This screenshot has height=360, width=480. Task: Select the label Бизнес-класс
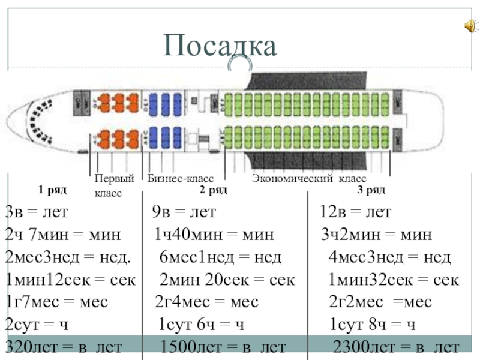[x=181, y=179]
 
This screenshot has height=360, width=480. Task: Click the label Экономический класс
[x=309, y=179]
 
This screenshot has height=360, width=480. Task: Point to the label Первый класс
[x=114, y=186]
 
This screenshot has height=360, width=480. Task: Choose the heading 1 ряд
[x=52, y=190]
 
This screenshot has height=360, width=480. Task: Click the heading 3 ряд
[x=371, y=190]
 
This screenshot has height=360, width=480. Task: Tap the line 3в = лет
[x=37, y=212]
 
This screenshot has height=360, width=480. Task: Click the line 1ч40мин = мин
[x=213, y=235]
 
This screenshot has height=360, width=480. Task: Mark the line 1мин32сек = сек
[x=394, y=280]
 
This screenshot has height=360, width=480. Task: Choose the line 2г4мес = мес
[x=206, y=302]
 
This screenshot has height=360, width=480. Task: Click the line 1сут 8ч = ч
[x=373, y=325]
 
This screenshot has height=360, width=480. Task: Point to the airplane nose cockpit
[x=39, y=118]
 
